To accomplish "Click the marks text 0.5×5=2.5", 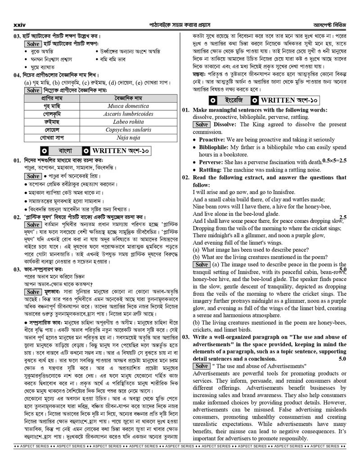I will (334, 161).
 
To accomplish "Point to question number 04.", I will (18, 75).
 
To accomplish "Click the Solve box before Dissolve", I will (202, 124).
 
